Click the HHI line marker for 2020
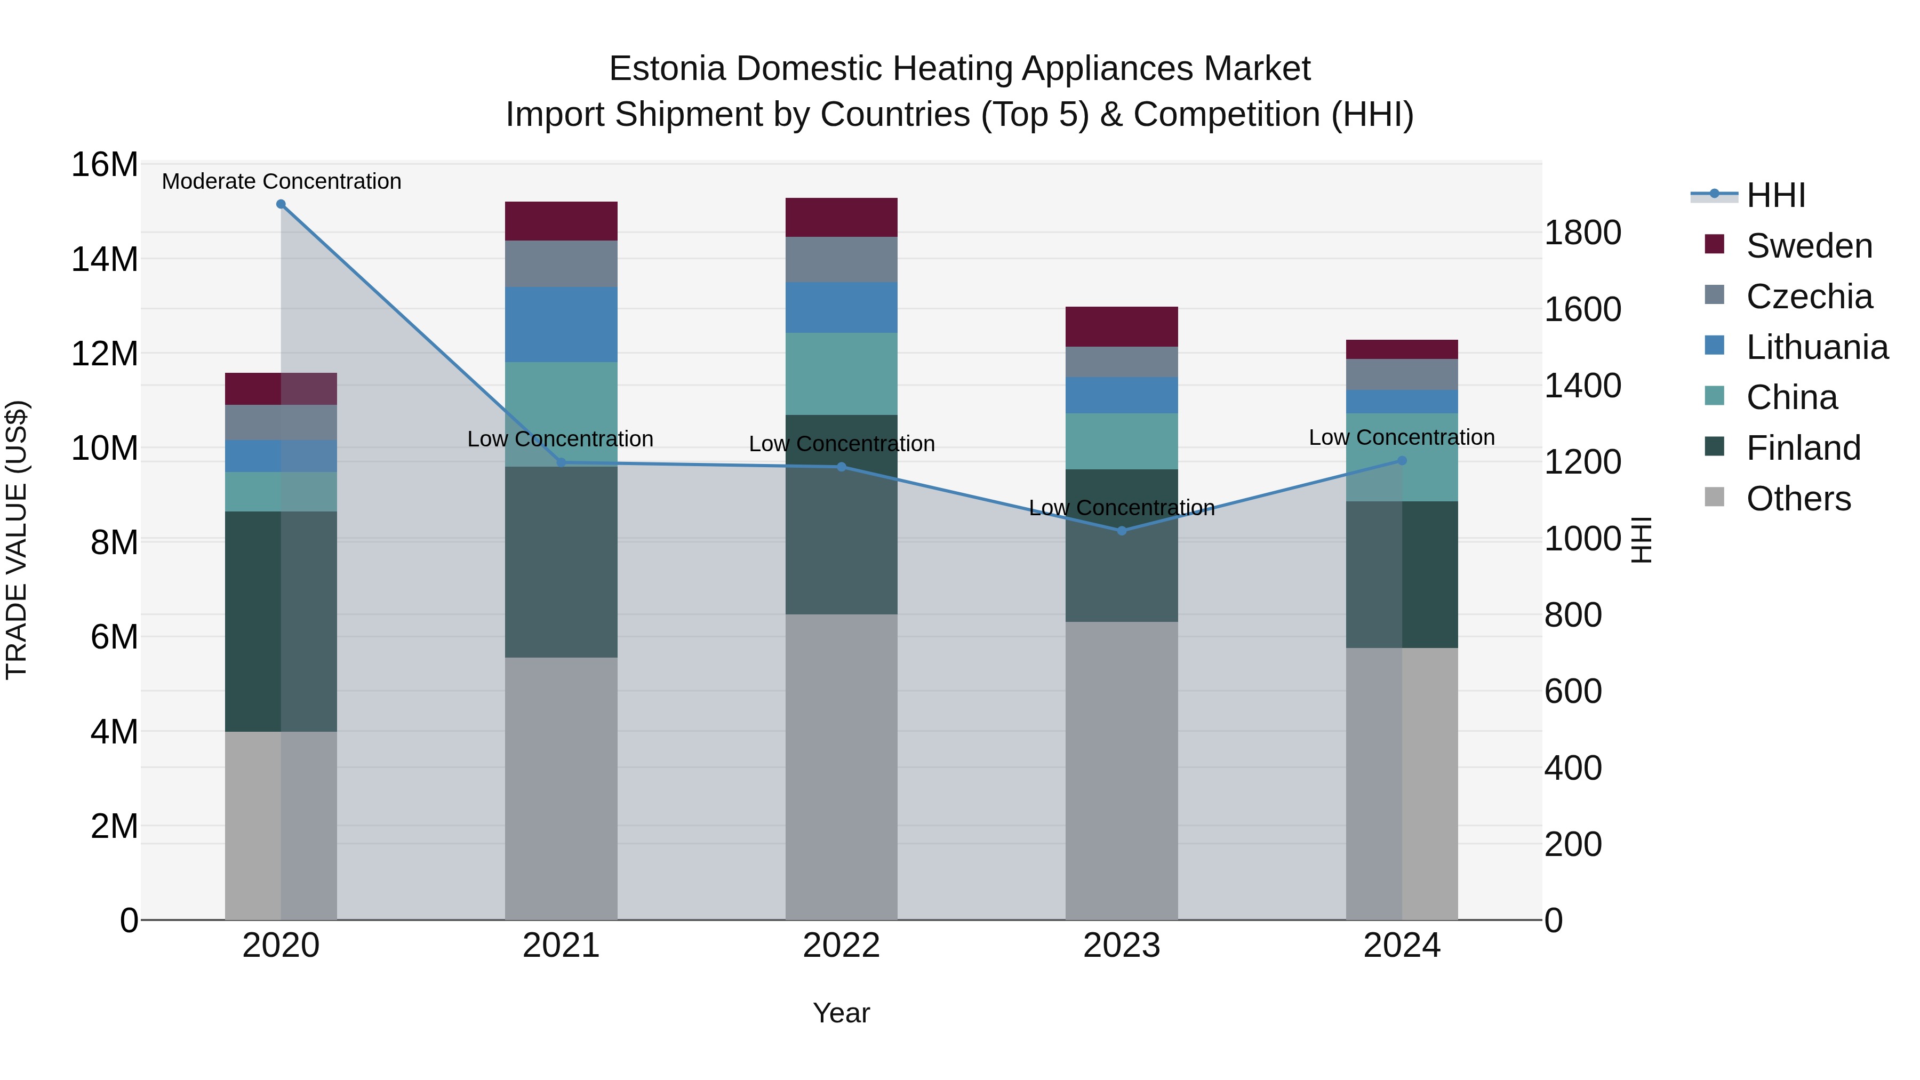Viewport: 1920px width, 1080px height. coord(281,204)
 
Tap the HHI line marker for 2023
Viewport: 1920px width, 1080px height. coord(1122,531)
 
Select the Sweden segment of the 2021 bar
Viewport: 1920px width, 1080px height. coord(561,221)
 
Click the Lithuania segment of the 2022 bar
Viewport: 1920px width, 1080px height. coord(842,307)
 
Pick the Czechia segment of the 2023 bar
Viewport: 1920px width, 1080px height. coord(1122,362)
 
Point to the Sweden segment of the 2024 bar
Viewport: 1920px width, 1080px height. coord(1402,349)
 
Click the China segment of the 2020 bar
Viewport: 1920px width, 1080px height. coord(281,491)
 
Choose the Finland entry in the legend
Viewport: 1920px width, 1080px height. coord(1803,448)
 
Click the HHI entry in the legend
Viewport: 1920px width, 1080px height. coord(1775,195)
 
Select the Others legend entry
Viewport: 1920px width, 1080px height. coord(1798,499)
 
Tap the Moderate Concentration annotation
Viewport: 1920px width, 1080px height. coord(281,181)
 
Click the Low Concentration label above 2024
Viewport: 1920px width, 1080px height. coord(1401,437)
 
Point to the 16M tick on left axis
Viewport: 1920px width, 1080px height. coord(105,165)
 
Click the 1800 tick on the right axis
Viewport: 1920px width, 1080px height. coord(1582,233)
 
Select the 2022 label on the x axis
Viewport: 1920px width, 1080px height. coord(842,946)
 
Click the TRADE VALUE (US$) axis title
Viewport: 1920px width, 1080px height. coord(17,540)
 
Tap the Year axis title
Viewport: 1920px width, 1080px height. coord(842,1013)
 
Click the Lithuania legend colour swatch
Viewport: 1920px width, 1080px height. coord(1714,345)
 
